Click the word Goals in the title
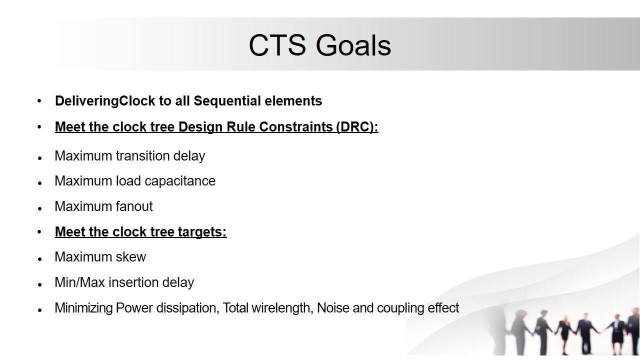pyautogui.click(x=353, y=45)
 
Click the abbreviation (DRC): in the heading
pyautogui.click(x=357, y=127)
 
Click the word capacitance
pyautogui.click(x=180, y=181)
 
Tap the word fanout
pyautogui.click(x=134, y=206)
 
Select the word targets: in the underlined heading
pyautogui.click(x=202, y=232)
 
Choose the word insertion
pyautogui.click(x=133, y=282)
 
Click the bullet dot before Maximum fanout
pyautogui.click(x=39, y=209)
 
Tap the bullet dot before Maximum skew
pyautogui.click(x=39, y=259)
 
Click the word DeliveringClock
pyautogui.click(x=105, y=101)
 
